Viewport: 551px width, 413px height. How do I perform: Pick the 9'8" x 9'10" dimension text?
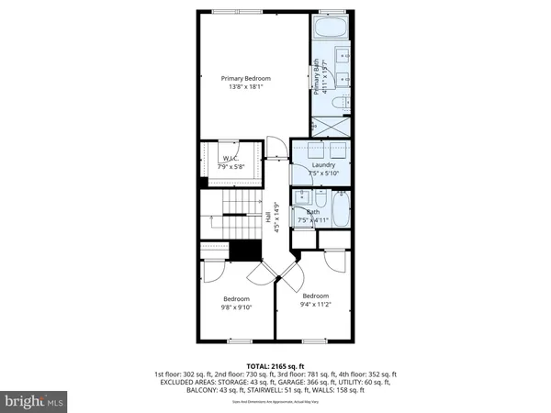tap(236, 308)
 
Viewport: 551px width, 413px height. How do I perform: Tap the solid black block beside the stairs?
tap(245, 250)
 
